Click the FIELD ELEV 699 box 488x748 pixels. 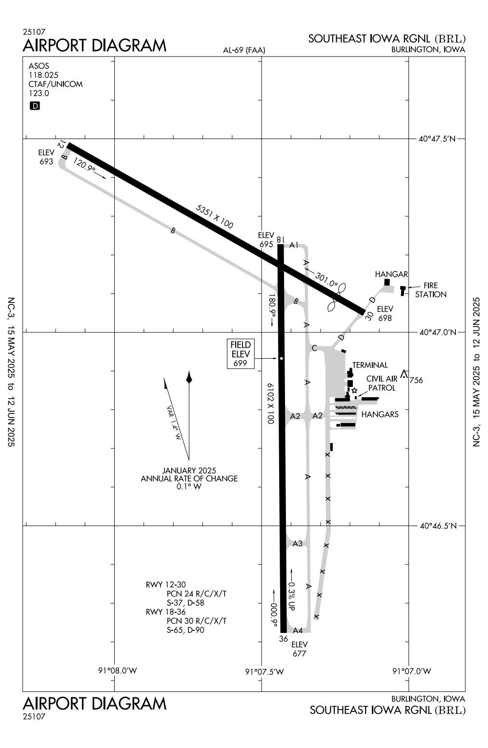tap(241, 354)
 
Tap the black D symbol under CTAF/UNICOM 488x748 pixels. tap(35, 106)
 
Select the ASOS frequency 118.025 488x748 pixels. tap(43, 75)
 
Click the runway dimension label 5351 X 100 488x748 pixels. tap(214, 217)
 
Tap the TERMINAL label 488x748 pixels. tap(370, 365)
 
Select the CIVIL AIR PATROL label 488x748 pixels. tap(382, 383)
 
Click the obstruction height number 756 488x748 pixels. tap(416, 380)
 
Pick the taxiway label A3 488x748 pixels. tap(298, 544)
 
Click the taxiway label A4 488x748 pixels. tap(298, 630)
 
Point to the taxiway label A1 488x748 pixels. tap(294, 245)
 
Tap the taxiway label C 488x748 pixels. tap(314, 348)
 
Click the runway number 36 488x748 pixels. tap(284, 639)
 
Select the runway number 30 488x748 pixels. tap(369, 316)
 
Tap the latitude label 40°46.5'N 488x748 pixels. tap(437, 526)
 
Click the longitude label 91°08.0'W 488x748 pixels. tap(118, 670)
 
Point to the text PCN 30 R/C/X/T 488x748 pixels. tap(197, 621)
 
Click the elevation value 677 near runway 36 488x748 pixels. tap(299, 653)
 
